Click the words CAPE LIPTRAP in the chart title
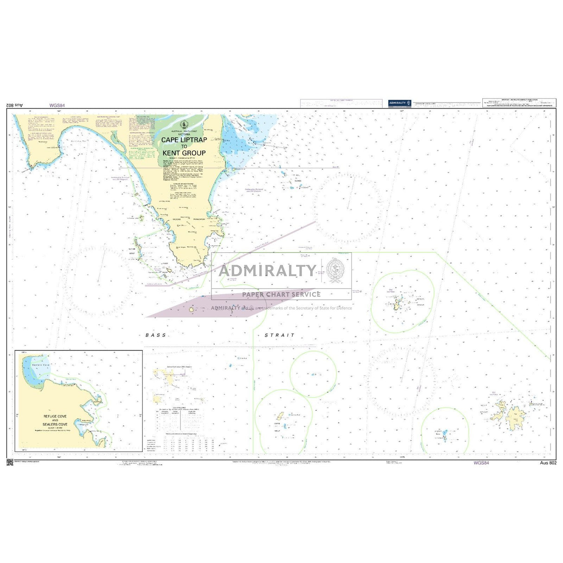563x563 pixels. point(184,139)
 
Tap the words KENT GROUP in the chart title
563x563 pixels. point(184,153)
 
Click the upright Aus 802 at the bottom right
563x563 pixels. point(548,463)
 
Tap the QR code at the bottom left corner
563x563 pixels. point(10,462)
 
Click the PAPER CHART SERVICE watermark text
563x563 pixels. point(281,294)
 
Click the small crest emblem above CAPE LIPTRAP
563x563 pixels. point(184,125)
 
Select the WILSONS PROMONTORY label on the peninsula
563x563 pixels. point(189,219)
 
